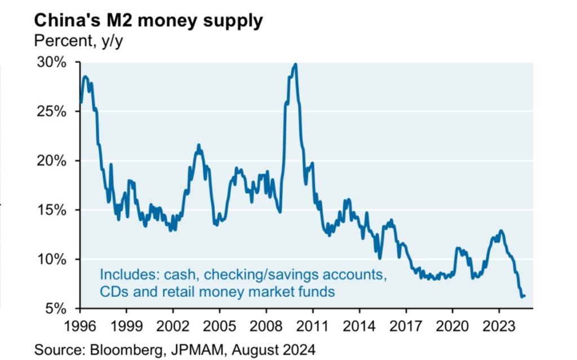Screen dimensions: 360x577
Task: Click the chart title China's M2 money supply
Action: tap(148, 21)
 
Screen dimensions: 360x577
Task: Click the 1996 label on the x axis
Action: tap(80, 325)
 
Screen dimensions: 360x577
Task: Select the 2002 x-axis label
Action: tap(173, 325)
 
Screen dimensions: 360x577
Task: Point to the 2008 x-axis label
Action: tap(266, 325)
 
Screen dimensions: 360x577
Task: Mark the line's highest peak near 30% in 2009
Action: tap(295, 64)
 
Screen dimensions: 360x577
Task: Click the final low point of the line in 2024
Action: tap(522, 296)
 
